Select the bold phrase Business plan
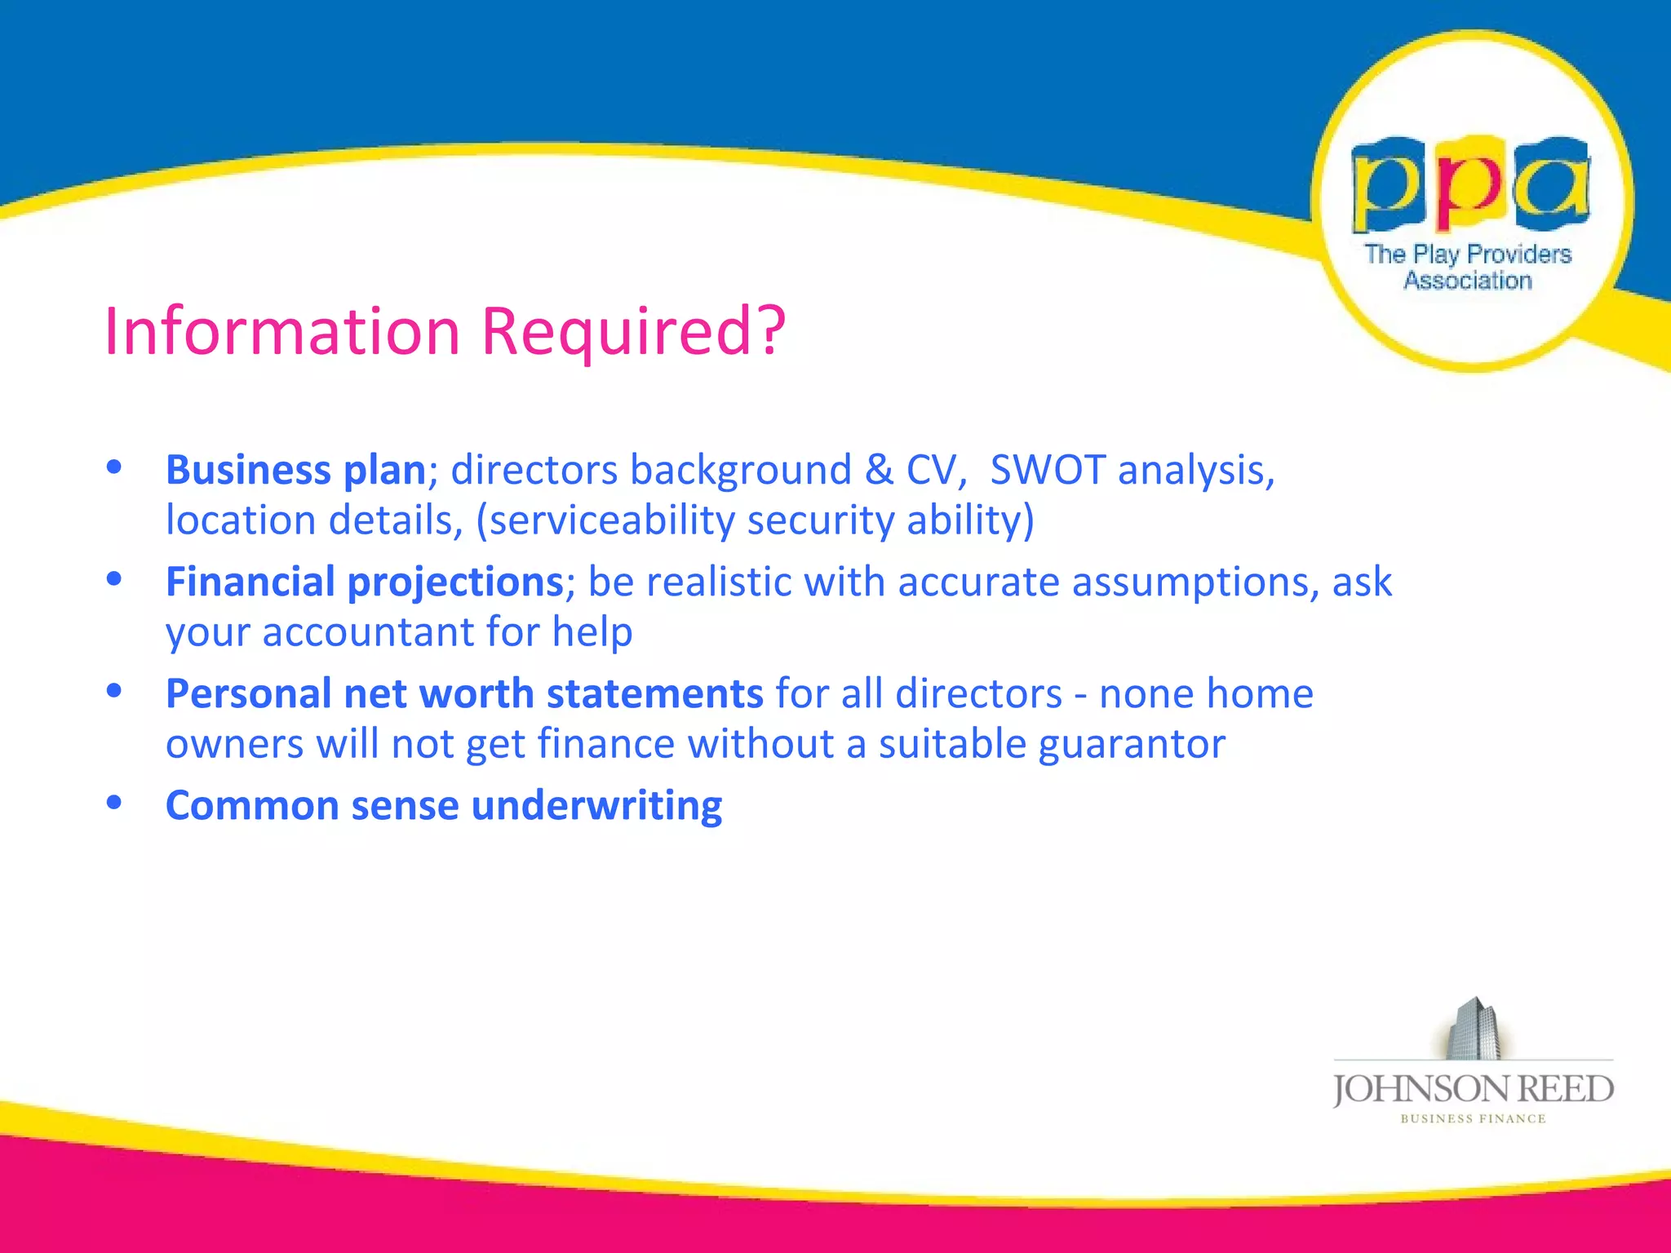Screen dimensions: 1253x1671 coord(295,471)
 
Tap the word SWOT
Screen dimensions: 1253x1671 coord(1047,471)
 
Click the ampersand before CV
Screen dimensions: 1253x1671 coord(878,471)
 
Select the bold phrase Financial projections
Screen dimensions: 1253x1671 coord(365,582)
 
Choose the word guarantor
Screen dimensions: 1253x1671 coord(1132,744)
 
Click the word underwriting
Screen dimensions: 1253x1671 coord(596,806)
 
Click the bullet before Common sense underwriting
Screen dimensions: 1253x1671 coord(114,803)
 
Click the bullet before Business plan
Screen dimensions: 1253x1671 coord(114,467)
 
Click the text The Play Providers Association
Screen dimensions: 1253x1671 coord(1468,267)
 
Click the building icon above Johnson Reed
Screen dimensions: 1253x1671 coord(1474,1029)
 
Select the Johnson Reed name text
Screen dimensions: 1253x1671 coord(1473,1089)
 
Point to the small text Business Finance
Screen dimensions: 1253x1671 coord(1473,1119)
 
